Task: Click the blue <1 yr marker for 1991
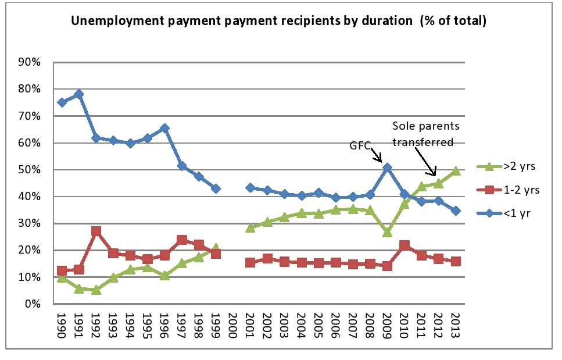click(79, 94)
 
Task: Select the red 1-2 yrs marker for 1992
click(96, 231)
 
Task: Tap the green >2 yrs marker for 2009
click(388, 232)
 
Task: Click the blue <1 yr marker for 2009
click(388, 168)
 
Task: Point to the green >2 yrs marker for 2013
click(456, 170)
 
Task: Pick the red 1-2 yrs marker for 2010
click(405, 245)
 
